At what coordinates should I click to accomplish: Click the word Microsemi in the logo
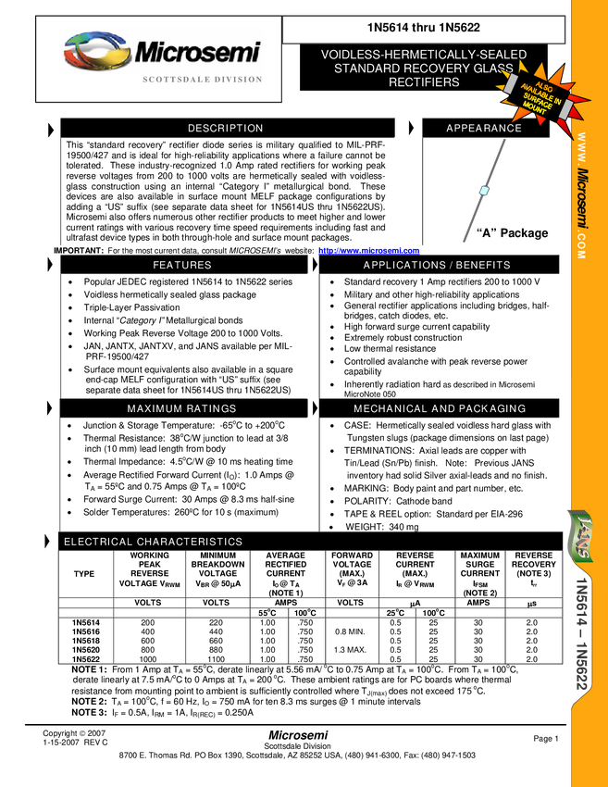[x=197, y=53]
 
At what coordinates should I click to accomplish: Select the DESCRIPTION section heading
[x=225, y=129]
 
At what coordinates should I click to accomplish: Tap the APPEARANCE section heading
[x=484, y=129]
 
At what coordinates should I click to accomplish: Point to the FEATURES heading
[x=181, y=266]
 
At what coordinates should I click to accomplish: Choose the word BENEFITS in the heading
[x=482, y=266]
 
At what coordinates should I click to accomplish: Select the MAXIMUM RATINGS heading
[x=181, y=409]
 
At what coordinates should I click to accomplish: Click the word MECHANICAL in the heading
[x=390, y=409]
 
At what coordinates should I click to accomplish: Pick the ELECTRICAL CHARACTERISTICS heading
[x=153, y=543]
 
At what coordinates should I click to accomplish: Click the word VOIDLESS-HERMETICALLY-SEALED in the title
[x=423, y=56]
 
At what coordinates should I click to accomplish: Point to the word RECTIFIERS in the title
[x=423, y=82]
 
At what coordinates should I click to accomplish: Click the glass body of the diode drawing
[x=483, y=191]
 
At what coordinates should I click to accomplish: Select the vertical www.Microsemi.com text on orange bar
[x=581, y=194]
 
